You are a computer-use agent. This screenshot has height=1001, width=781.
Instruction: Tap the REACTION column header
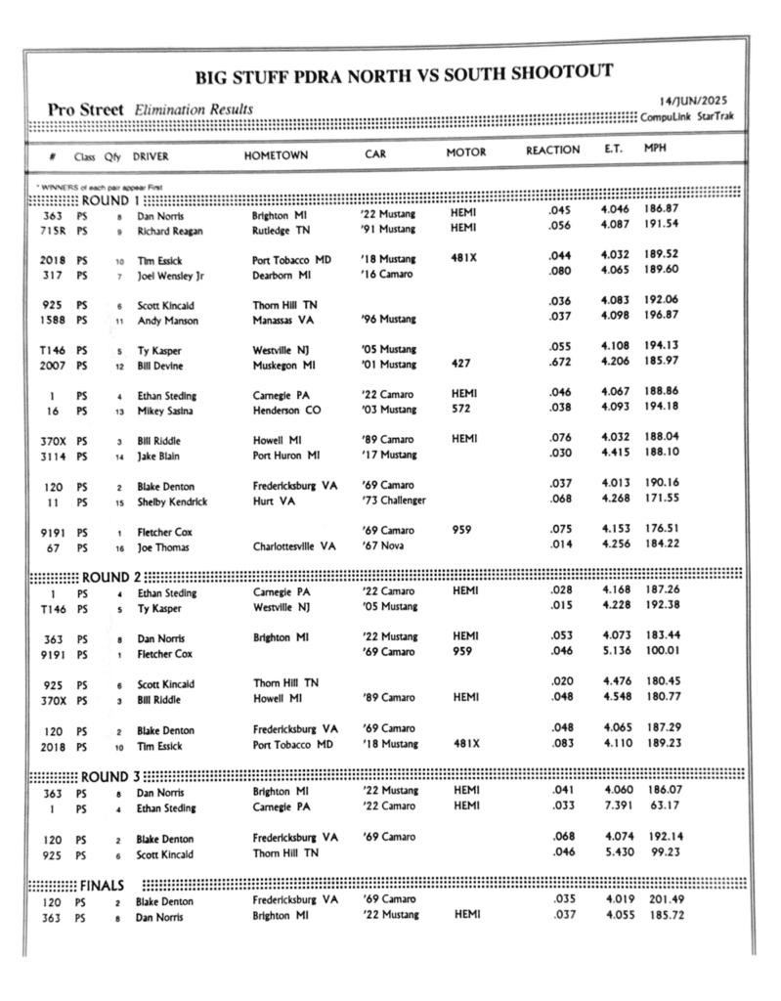pos(552,152)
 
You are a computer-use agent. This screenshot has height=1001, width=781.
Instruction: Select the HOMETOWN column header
pos(276,154)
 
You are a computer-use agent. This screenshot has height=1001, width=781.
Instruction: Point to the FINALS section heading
pos(102,886)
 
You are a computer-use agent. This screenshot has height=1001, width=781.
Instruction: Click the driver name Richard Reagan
pos(166,230)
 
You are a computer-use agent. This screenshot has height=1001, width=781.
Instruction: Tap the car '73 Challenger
pos(393,501)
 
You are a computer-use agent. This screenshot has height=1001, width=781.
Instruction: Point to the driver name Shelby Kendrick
pos(174,501)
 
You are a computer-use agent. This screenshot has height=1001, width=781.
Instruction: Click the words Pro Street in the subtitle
pos(85,110)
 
